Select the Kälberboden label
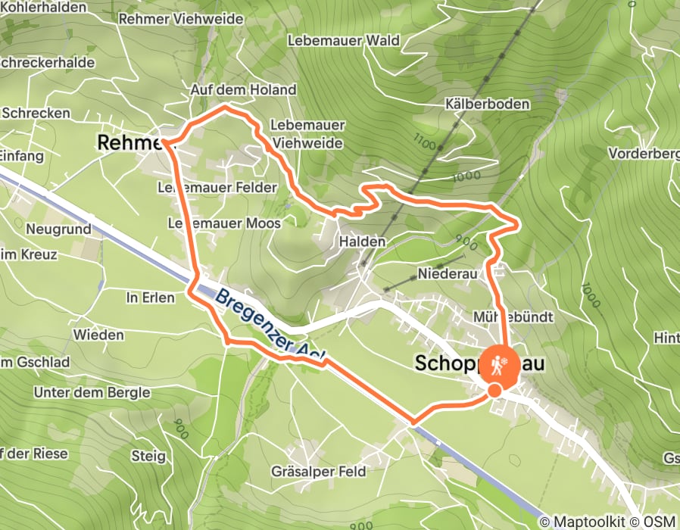pos(487,104)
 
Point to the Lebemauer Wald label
pos(344,40)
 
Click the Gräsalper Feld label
pos(319,472)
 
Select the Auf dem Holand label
pos(243,89)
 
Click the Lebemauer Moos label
pos(224,223)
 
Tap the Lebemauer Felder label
pos(217,187)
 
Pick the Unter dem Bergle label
pos(93,393)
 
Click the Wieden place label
pos(98,335)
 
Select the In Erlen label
pos(150,298)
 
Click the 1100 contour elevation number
pos(426,140)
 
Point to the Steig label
pos(148,456)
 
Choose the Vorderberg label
pos(644,154)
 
